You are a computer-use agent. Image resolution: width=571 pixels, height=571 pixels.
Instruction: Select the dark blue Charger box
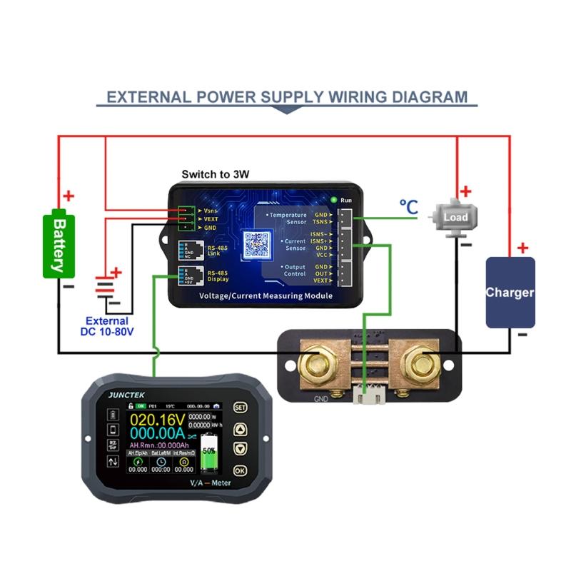(x=510, y=293)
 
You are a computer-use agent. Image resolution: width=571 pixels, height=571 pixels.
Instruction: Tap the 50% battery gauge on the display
(x=209, y=451)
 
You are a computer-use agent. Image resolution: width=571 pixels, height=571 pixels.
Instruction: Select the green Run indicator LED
(x=333, y=200)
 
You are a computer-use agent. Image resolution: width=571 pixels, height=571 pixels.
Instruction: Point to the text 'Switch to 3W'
(x=215, y=174)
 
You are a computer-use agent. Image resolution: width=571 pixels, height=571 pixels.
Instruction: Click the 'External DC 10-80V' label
(x=106, y=327)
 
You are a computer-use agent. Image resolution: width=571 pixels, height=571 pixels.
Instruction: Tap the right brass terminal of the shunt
(x=419, y=363)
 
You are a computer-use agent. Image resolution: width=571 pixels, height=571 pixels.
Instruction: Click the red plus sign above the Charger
(x=523, y=248)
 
